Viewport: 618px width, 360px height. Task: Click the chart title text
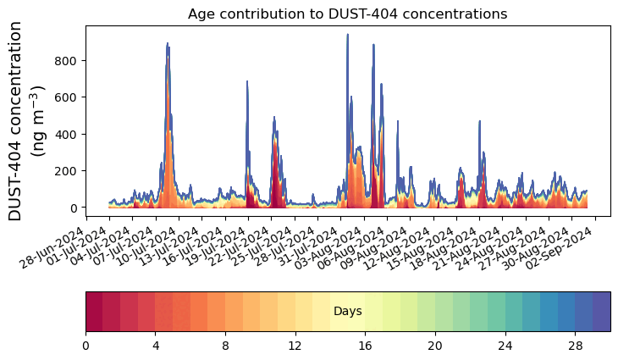coord(347,14)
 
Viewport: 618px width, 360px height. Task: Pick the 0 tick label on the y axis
coord(75,208)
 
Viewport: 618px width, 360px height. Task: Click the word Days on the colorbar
coord(347,312)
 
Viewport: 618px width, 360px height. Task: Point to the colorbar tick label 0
coord(86,346)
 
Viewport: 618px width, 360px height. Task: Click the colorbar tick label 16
coord(365,346)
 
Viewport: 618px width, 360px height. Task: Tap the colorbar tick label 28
coord(575,346)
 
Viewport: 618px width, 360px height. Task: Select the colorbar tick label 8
coord(225,346)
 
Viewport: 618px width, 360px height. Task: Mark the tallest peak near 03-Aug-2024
coord(347,35)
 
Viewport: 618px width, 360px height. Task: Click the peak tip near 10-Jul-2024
coord(168,43)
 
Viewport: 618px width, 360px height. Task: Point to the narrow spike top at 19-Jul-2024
coord(247,81)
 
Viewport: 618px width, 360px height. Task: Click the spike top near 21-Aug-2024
coord(479,121)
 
